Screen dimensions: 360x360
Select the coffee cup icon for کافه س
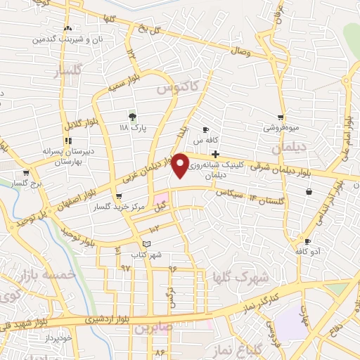205,130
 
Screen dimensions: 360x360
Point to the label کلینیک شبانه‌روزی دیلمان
224,167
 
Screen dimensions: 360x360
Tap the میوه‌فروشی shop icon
281,117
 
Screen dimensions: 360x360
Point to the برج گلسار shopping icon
26,172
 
